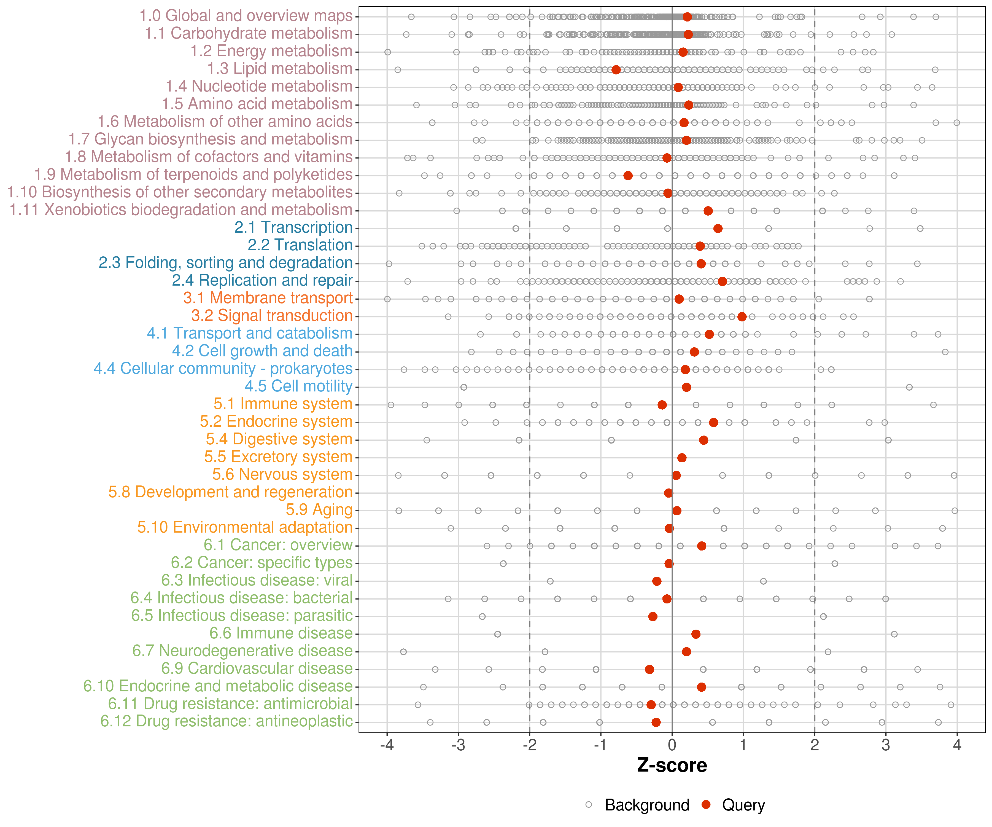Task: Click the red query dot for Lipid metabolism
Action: [x=616, y=70]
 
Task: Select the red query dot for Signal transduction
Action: [x=742, y=317]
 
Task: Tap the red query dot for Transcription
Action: [x=718, y=229]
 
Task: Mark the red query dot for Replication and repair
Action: [x=722, y=282]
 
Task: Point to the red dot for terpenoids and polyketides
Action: [x=628, y=176]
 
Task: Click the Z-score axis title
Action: [x=672, y=765]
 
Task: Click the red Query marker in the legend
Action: [x=706, y=804]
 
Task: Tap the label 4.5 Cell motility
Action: [x=298, y=386]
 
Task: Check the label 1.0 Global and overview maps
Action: [x=246, y=16]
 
